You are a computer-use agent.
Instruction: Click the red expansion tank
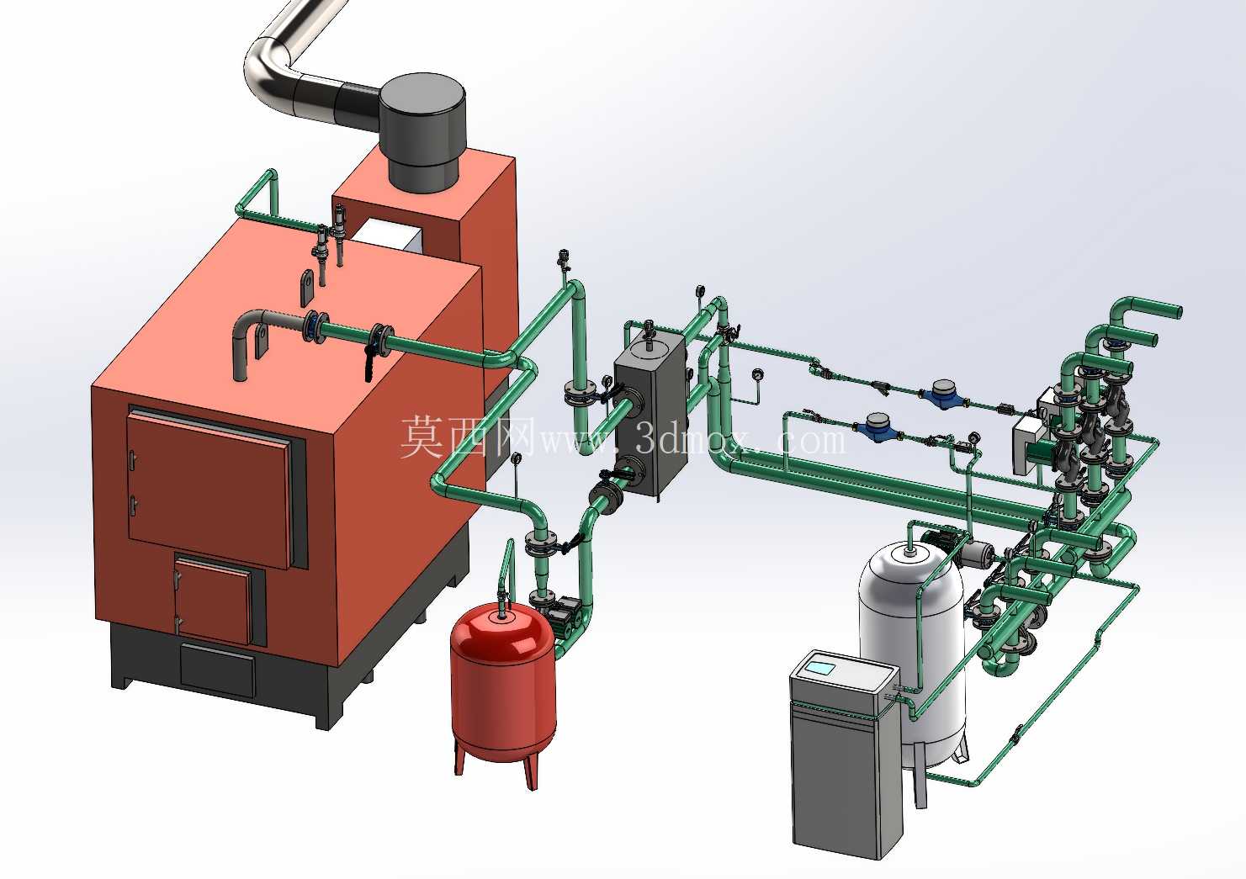tap(503, 684)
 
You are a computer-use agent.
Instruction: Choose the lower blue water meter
tap(876, 427)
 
